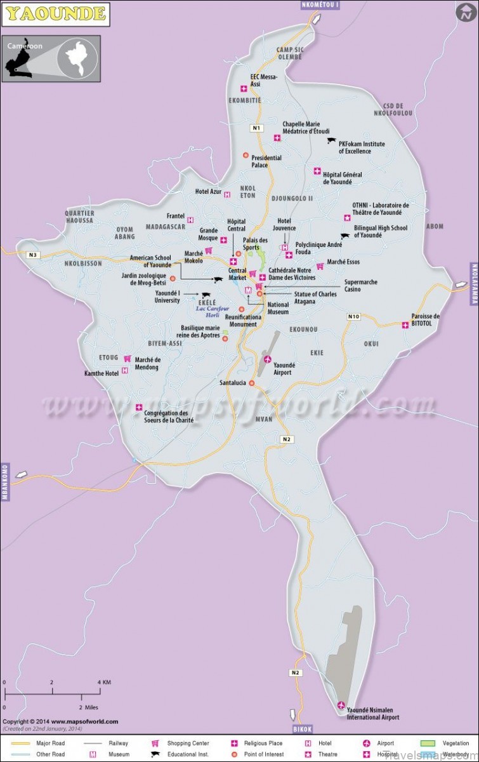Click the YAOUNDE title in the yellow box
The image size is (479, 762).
pyautogui.click(x=55, y=12)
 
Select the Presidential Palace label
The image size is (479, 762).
pyautogui.click(x=266, y=161)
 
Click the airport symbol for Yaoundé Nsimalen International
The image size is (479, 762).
pyautogui.click(x=341, y=705)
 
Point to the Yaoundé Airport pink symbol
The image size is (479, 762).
pyautogui.click(x=267, y=360)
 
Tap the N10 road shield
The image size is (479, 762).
pyautogui.click(x=353, y=316)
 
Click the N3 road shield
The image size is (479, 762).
pyautogui.click(x=33, y=255)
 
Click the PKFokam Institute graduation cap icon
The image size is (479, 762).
pyautogui.click(x=331, y=140)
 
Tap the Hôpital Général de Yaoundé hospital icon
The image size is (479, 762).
pyautogui.click(x=317, y=171)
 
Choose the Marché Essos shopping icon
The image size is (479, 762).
pyautogui.click(x=320, y=266)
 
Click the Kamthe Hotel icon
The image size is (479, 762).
pyautogui.click(x=125, y=370)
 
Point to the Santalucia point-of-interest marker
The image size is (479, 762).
pyautogui.click(x=252, y=383)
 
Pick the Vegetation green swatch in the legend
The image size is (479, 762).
pyautogui.click(x=426, y=743)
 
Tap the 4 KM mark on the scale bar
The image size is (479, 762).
pyautogui.click(x=100, y=682)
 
